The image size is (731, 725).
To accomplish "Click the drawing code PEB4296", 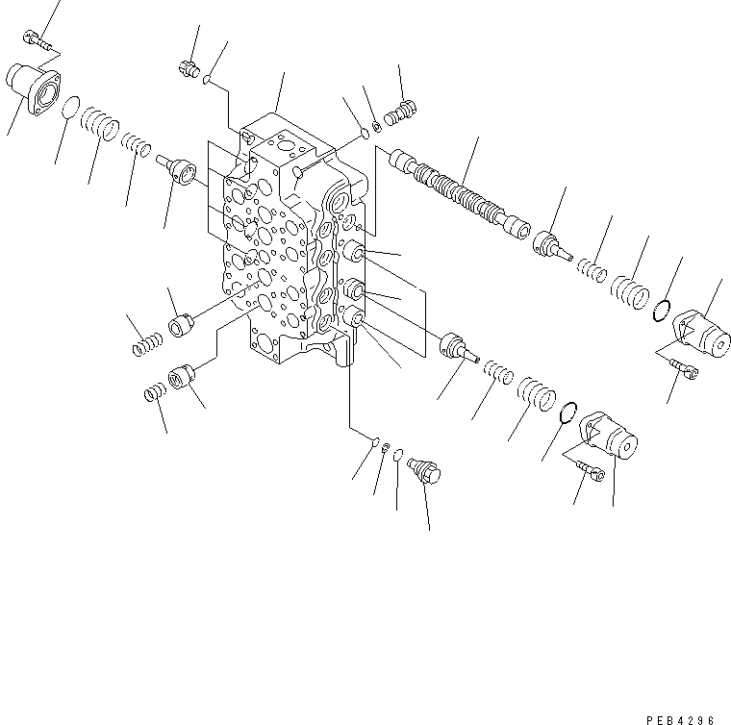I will [689, 715].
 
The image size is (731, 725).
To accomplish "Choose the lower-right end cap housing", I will [611, 437].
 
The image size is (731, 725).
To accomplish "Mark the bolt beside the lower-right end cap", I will [590, 470].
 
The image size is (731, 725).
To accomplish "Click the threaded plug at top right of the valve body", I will [404, 111].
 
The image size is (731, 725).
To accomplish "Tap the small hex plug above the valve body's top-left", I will [189, 67].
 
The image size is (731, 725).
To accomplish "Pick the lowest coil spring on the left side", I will [154, 391].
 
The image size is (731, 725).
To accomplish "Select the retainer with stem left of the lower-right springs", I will [458, 346].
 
